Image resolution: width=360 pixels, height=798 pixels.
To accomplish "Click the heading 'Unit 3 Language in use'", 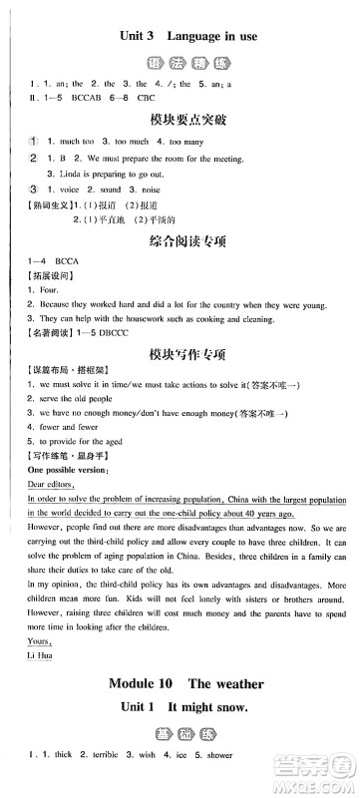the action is [x=180, y=36].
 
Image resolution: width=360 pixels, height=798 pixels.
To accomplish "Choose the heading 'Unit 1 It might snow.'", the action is [x=180, y=740].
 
